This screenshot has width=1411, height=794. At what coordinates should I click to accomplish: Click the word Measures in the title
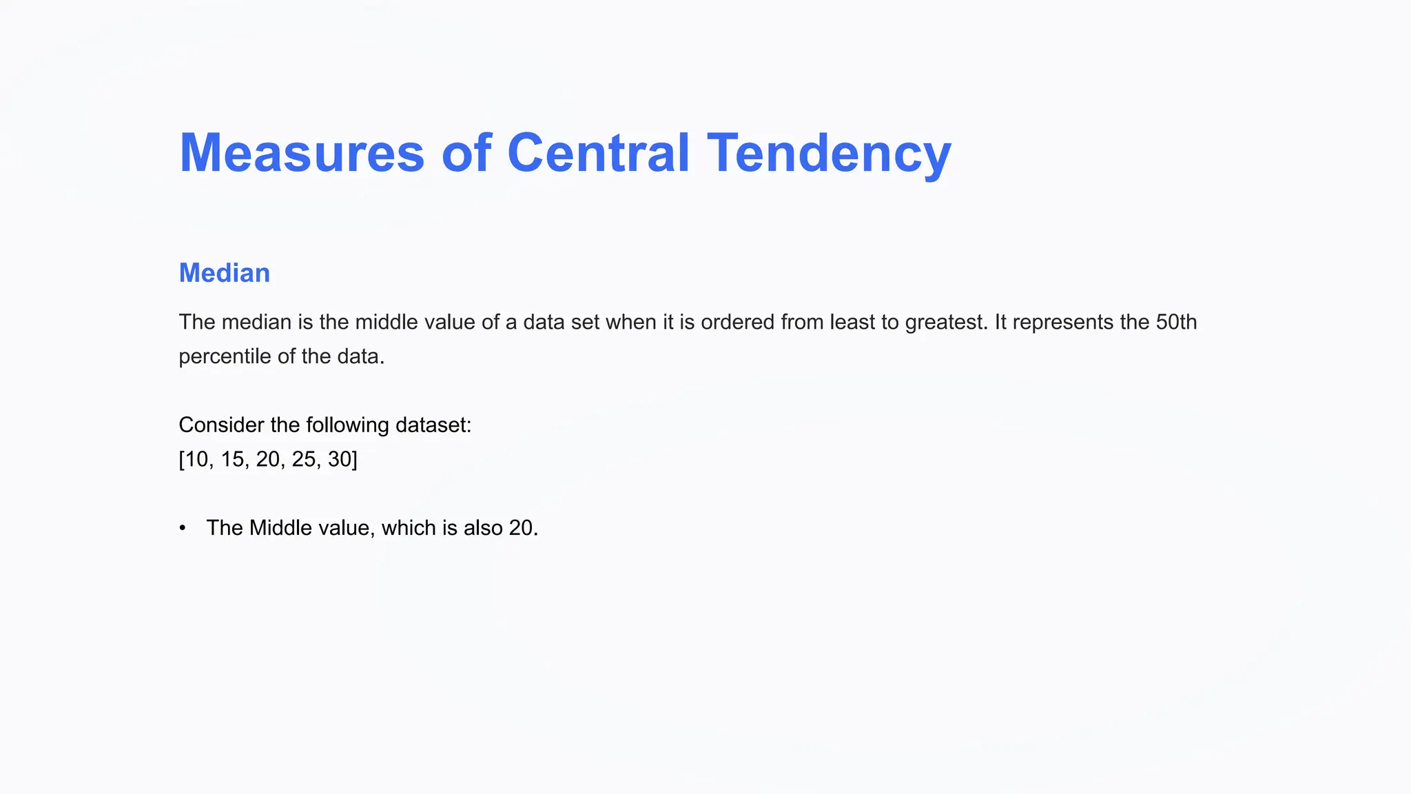pyautogui.click(x=302, y=153)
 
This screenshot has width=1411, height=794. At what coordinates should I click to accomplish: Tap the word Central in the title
pyautogui.click(x=598, y=153)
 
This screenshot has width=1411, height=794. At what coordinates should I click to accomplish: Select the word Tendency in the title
pyautogui.click(x=829, y=153)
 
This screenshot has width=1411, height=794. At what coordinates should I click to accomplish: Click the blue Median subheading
pyautogui.click(x=225, y=273)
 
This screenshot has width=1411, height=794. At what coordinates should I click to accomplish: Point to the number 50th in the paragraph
pyautogui.click(x=1176, y=322)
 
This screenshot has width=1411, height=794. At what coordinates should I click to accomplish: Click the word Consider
pyautogui.click(x=221, y=425)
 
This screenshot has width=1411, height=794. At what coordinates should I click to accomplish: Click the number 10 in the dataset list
pyautogui.click(x=196, y=459)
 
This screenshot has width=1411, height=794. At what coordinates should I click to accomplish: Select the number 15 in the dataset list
pyautogui.click(x=233, y=459)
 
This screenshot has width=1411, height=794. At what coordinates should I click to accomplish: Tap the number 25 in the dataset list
pyautogui.click(x=305, y=459)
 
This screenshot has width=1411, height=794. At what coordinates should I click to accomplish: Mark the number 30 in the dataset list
pyautogui.click(x=340, y=459)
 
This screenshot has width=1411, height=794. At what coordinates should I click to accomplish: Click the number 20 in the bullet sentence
pyautogui.click(x=522, y=528)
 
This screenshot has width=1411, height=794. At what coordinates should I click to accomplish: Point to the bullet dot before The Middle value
pyautogui.click(x=183, y=528)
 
